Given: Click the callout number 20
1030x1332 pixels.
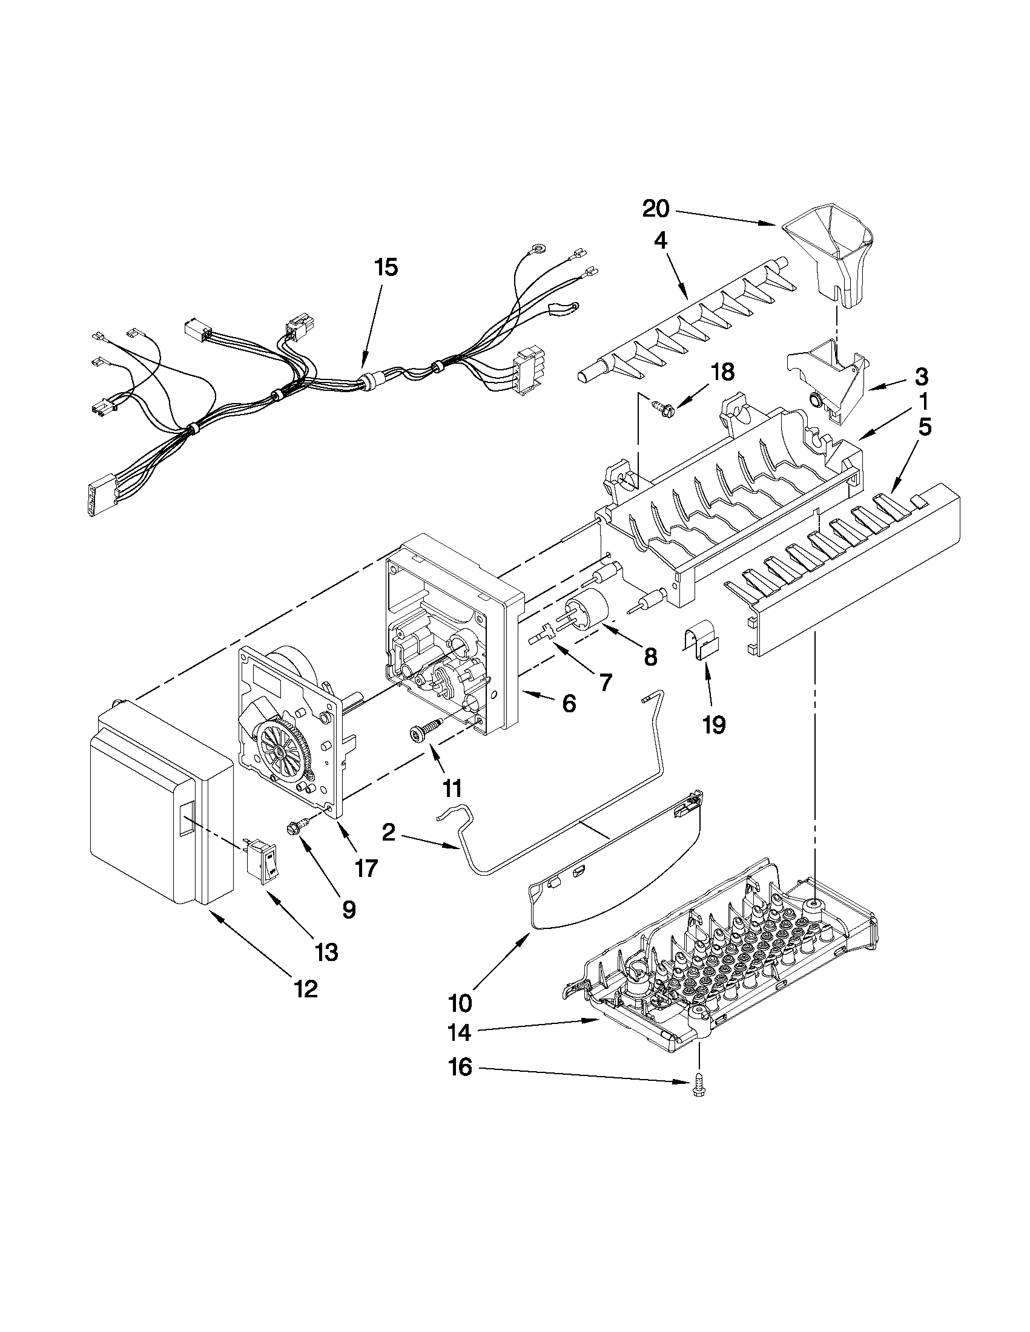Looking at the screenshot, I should [656, 209].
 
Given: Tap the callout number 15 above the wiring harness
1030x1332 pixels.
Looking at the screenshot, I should [386, 267].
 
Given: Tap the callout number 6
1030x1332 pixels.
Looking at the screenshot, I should [568, 703].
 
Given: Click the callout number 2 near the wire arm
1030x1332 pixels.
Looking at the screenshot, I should [388, 833].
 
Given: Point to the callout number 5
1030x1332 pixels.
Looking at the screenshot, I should [925, 427].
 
